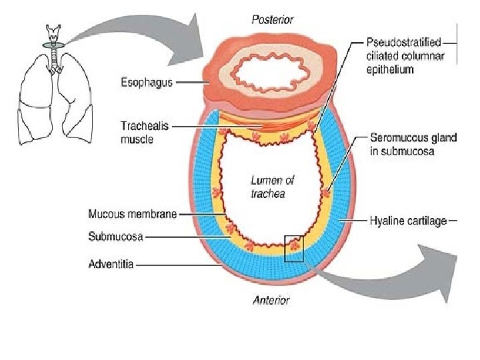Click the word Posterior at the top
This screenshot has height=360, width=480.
pos(273,19)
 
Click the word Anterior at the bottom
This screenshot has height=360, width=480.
pos(271,300)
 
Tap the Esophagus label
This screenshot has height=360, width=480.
pos(147,83)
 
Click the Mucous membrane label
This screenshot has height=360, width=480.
pos(133,214)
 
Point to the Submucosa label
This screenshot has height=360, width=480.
pos(115,236)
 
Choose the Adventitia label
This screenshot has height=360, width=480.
pos(111,264)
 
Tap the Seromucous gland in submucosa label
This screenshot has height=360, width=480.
pos(413,144)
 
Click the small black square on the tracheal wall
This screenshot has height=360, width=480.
pos(293,248)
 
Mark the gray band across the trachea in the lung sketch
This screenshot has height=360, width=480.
pos(52,45)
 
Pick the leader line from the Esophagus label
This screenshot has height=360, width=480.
pos(189,83)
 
